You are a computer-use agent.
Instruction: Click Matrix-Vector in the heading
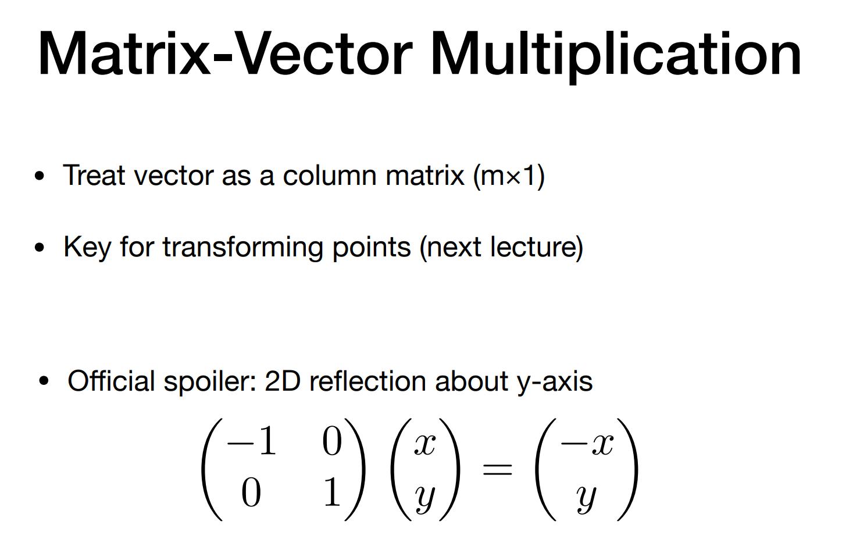[225, 53]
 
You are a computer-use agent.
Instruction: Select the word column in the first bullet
[329, 176]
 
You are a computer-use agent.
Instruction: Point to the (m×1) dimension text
[509, 177]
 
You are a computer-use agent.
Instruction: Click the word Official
[111, 381]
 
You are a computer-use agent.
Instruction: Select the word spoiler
[210, 383]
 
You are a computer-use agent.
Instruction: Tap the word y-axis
[555, 383]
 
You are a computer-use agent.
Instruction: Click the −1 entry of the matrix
[252, 441]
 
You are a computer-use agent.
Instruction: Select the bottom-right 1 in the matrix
[332, 491]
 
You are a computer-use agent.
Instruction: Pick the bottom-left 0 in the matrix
[251, 492]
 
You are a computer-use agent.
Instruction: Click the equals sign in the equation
[497, 470]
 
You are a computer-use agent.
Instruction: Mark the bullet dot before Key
[39, 247]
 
